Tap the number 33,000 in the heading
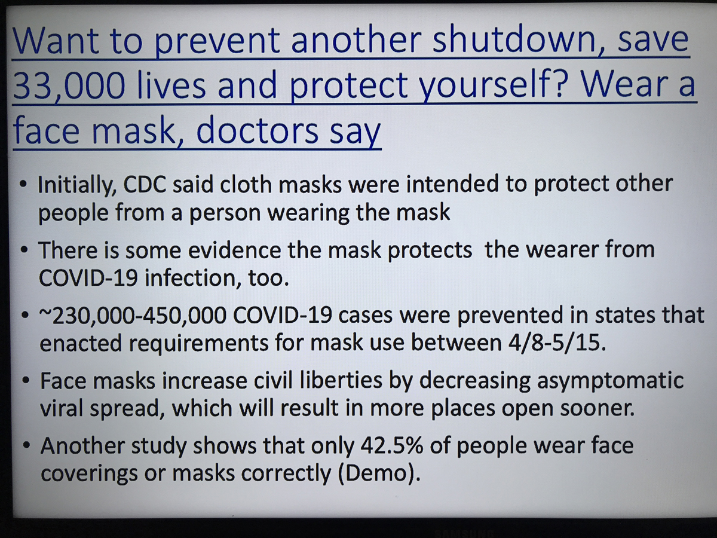pos(69,85)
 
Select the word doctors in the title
pos(257,131)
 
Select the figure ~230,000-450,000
pos(132,316)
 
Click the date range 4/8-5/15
pos(557,343)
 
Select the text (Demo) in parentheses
pos(379,474)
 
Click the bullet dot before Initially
pos(23,184)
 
